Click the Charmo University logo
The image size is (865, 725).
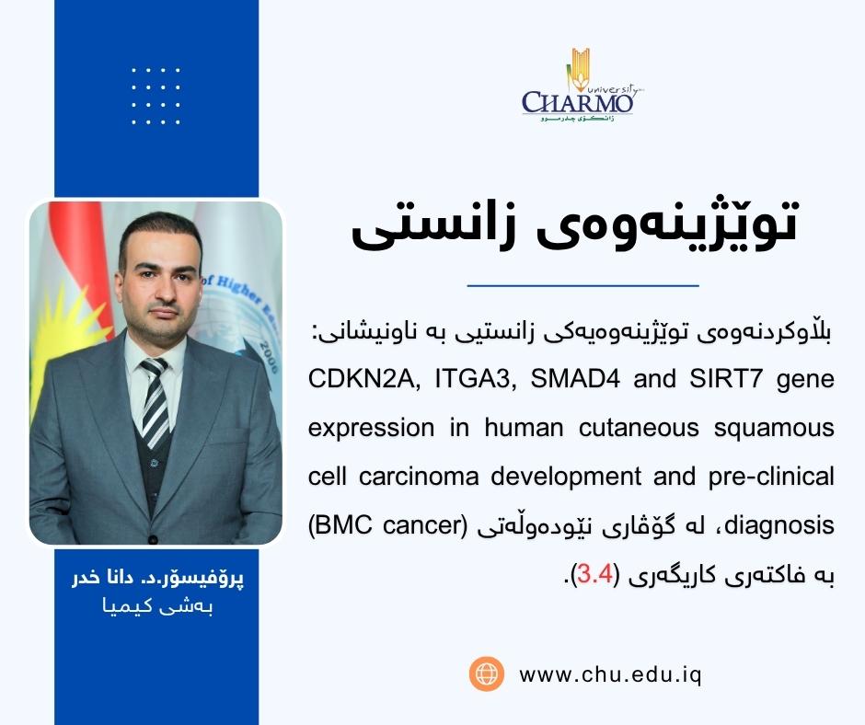(x=577, y=88)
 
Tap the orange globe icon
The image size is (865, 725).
(x=486, y=673)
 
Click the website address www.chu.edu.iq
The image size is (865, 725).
(x=611, y=673)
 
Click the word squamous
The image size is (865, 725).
(x=779, y=428)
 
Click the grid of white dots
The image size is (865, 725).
(x=156, y=96)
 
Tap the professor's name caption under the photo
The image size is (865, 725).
(x=155, y=581)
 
